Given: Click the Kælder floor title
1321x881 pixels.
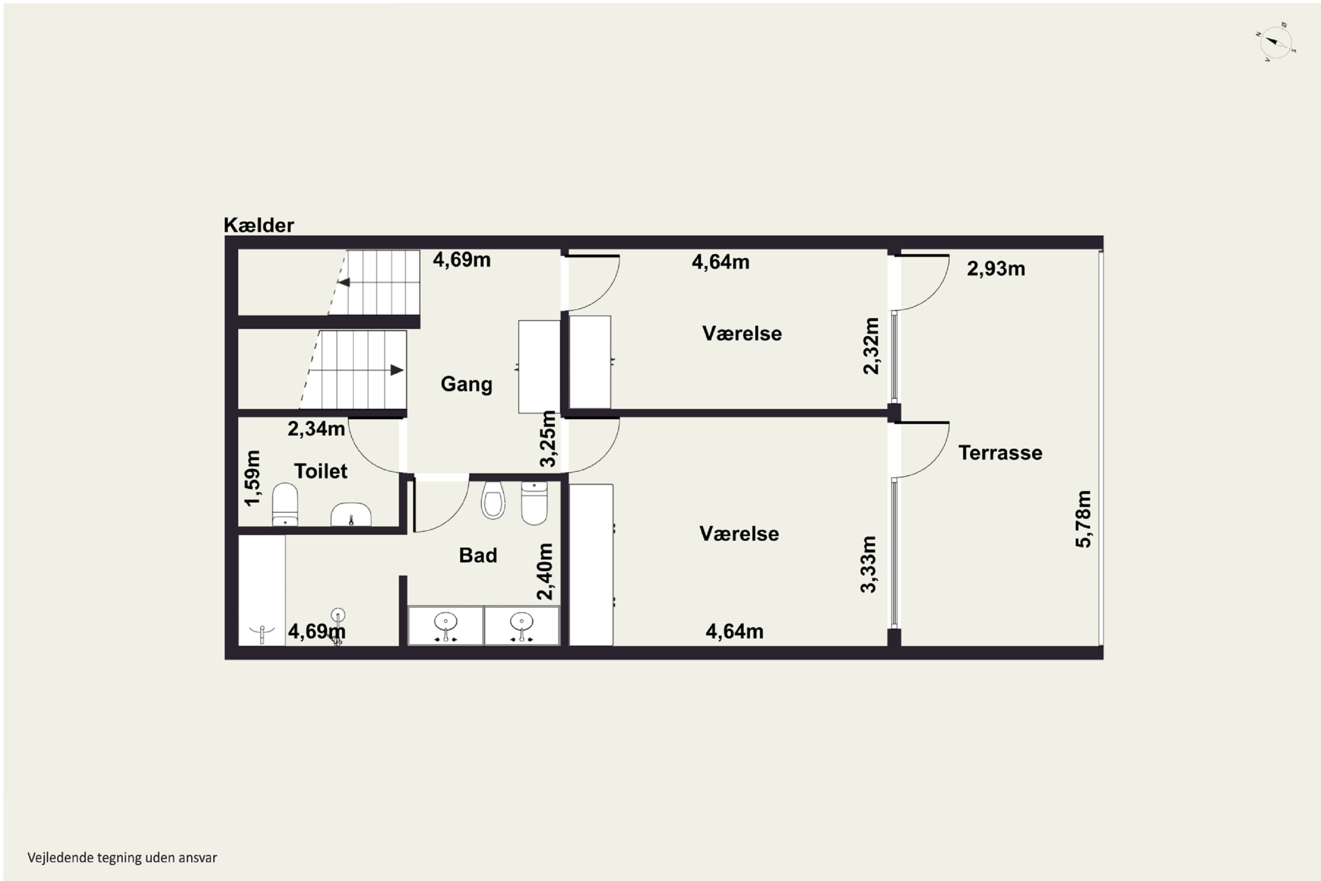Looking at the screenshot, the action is point(258,225).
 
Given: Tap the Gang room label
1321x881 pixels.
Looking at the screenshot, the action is point(466,384).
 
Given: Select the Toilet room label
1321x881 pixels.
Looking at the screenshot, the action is point(321,471).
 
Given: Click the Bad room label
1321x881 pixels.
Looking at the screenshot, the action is point(478,555).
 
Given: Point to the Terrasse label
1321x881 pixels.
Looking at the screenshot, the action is point(1000,453).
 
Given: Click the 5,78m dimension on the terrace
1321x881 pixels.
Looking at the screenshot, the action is point(1083,519).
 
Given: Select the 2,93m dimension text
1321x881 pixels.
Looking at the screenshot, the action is point(996,269).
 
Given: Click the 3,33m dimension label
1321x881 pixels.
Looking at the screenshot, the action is point(868,564).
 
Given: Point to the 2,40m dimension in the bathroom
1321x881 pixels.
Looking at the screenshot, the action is point(545,571).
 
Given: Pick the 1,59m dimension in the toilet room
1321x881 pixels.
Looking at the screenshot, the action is point(253,478).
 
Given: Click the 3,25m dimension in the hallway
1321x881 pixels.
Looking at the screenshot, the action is point(548,439).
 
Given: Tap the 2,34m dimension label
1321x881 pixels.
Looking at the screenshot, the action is point(316,429).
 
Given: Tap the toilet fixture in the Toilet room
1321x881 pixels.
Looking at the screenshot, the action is point(285,504).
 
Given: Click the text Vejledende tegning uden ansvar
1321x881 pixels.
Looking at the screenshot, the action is point(122,857).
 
